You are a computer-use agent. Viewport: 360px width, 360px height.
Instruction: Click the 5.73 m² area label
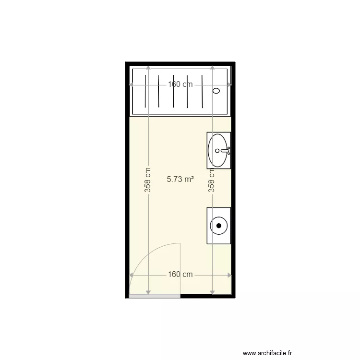click(x=180, y=180)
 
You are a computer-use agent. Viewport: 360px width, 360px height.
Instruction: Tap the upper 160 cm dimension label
click(x=180, y=84)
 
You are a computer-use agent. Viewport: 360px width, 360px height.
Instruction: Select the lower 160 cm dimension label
click(x=180, y=275)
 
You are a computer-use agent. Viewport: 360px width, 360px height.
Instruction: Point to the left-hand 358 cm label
click(x=148, y=180)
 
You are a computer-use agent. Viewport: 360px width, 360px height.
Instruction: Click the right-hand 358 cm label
click(x=211, y=180)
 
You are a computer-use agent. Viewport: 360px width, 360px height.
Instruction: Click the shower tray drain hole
click(x=216, y=90)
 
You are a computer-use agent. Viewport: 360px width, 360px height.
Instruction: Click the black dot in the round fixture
click(x=219, y=225)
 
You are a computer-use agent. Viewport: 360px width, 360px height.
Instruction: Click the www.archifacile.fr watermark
click(x=267, y=353)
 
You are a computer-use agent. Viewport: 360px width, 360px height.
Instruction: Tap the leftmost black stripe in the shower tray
click(x=144, y=91)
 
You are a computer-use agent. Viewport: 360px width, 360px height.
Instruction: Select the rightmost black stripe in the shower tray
click(x=202, y=91)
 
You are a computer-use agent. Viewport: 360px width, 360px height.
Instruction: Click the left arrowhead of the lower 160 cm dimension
click(x=132, y=275)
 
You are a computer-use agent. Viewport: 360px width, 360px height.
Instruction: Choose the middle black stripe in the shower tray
click(x=173, y=91)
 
